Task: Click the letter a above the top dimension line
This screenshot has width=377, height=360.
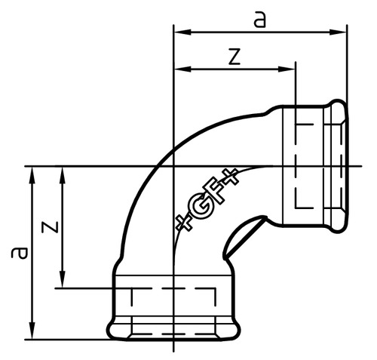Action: point(260,20)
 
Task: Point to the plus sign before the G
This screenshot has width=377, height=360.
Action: point(183,222)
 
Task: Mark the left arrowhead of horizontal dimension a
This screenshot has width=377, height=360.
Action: point(179,32)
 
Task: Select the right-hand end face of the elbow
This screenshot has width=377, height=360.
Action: point(348,166)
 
